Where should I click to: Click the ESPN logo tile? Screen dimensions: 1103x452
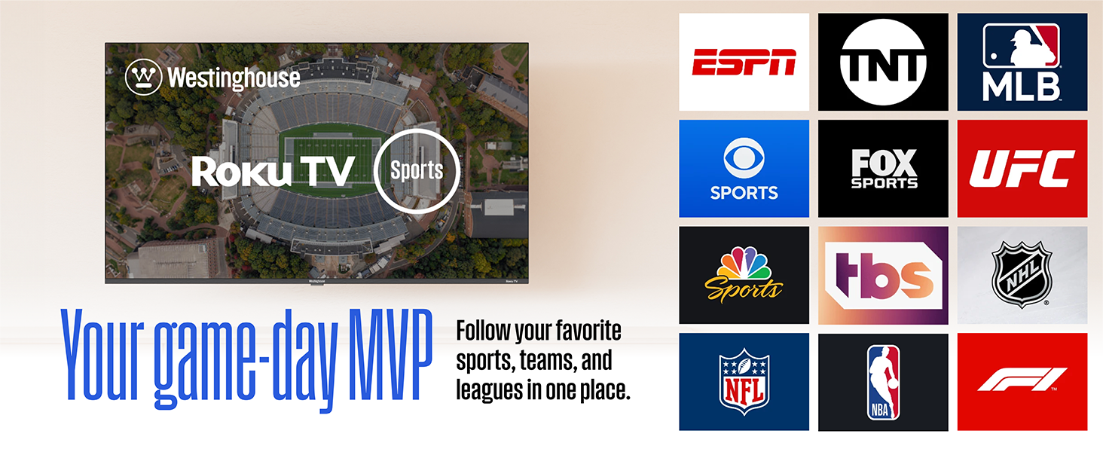pos(744,62)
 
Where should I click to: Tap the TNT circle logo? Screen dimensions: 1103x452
pos(883,62)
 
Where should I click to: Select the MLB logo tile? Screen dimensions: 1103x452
pos(1022,62)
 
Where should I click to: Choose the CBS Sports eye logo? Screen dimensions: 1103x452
pos(744,158)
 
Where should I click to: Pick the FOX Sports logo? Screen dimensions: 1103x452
pos(884,169)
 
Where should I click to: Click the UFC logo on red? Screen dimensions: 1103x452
pos(1022,169)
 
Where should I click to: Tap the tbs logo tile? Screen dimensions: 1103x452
pos(883,275)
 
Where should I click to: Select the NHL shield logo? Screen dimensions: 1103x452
pos(1022,275)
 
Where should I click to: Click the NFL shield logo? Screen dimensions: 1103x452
pos(744,382)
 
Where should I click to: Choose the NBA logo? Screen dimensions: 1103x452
pos(883,383)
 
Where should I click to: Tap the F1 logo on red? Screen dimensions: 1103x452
pos(1022,380)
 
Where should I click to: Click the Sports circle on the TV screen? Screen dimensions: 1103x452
pos(417,171)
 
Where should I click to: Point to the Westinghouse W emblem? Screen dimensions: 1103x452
pos(143,77)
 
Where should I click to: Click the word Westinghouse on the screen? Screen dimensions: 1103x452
pos(234,78)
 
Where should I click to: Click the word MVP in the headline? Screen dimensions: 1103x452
pos(390,356)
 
